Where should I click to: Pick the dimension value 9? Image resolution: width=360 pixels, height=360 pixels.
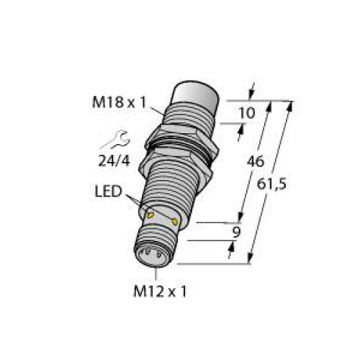pos(232,233)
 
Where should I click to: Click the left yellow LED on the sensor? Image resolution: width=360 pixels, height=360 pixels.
pos(150,214)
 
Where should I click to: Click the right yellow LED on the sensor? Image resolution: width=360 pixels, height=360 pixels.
pos(176,221)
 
